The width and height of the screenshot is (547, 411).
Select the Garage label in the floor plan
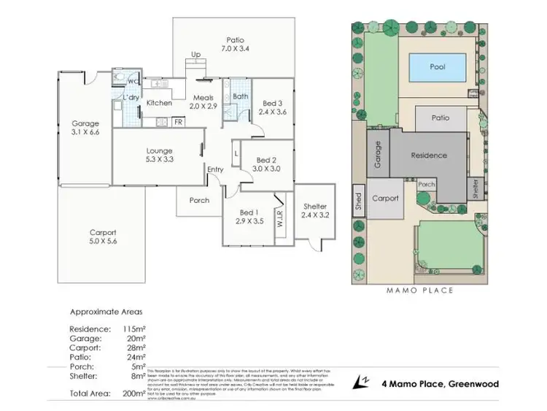pos(85,123)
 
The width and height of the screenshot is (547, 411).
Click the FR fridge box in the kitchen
pos(178,122)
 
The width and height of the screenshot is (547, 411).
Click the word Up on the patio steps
pos(195,55)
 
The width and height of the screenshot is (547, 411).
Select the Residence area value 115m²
pos(136,329)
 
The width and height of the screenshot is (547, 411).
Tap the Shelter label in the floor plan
pos(315,207)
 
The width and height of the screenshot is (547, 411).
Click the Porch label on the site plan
pos(427,185)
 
